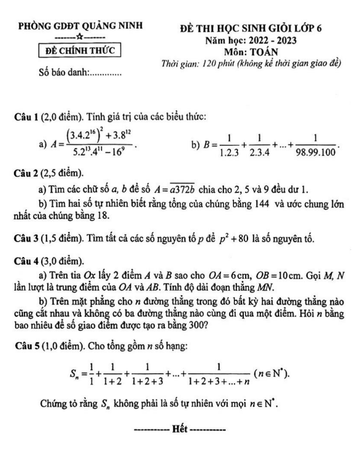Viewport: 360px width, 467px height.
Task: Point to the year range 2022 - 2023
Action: tap(287, 40)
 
